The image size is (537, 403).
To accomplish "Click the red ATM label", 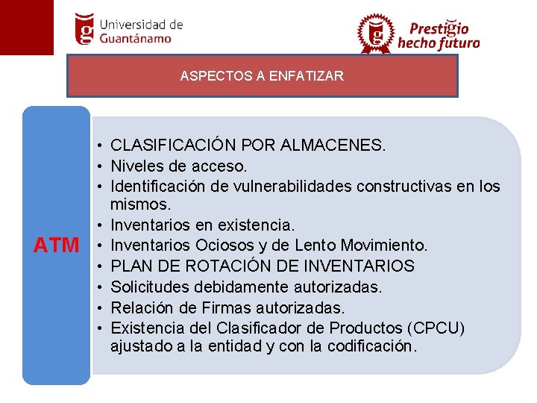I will click(57, 245).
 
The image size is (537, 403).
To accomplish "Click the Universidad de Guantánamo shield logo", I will click(86, 28).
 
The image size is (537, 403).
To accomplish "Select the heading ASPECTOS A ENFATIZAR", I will click(262, 76).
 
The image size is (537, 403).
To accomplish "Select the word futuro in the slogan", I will click(459, 43).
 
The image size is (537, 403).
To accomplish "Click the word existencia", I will click(257, 225).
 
